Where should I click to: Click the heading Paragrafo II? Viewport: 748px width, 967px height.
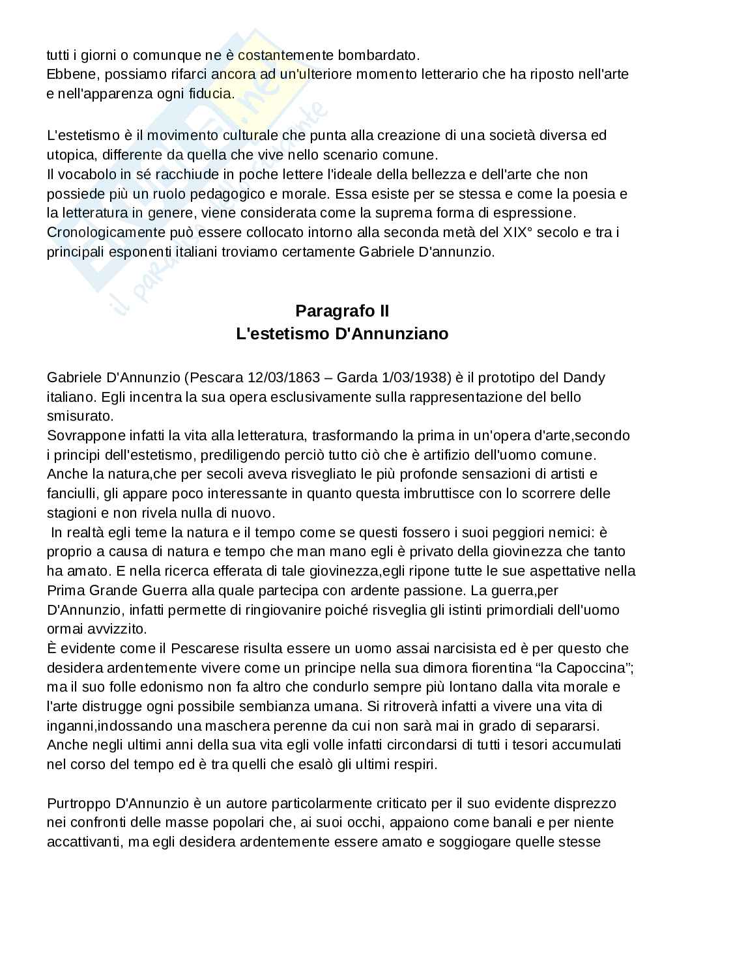(x=342, y=311)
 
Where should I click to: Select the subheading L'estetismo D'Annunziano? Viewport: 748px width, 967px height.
(x=342, y=334)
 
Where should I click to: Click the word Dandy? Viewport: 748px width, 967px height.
(x=584, y=378)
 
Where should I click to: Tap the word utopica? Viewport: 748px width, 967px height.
(x=70, y=155)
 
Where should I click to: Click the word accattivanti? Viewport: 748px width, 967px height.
(x=83, y=842)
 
